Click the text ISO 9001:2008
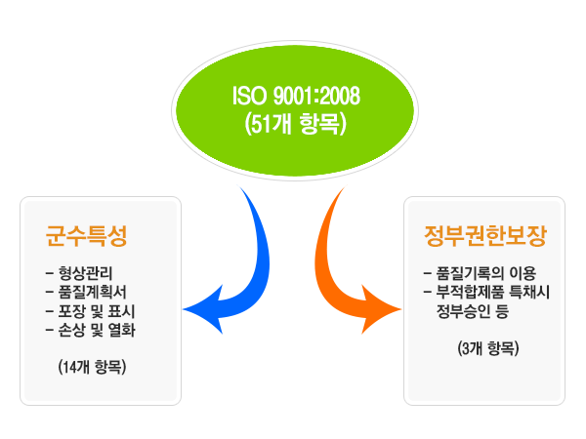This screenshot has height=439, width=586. [296, 96]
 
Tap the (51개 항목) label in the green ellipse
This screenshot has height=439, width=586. [296, 124]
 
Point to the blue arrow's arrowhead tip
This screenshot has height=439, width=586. [183, 309]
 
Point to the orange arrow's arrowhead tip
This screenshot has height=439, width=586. [401, 309]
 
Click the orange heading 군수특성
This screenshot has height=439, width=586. [86, 235]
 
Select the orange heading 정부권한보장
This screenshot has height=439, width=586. [485, 235]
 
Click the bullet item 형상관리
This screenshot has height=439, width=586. [85, 273]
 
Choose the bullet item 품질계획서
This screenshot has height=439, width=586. [93, 292]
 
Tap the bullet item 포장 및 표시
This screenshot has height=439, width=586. [97, 311]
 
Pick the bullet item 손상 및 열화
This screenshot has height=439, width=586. [97, 330]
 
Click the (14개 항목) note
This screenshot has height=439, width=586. [92, 367]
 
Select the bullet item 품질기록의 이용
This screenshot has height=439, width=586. [486, 273]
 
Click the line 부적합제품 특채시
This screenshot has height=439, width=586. [493, 292]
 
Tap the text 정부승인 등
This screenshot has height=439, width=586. [473, 311]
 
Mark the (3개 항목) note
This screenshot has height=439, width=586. [488, 348]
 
